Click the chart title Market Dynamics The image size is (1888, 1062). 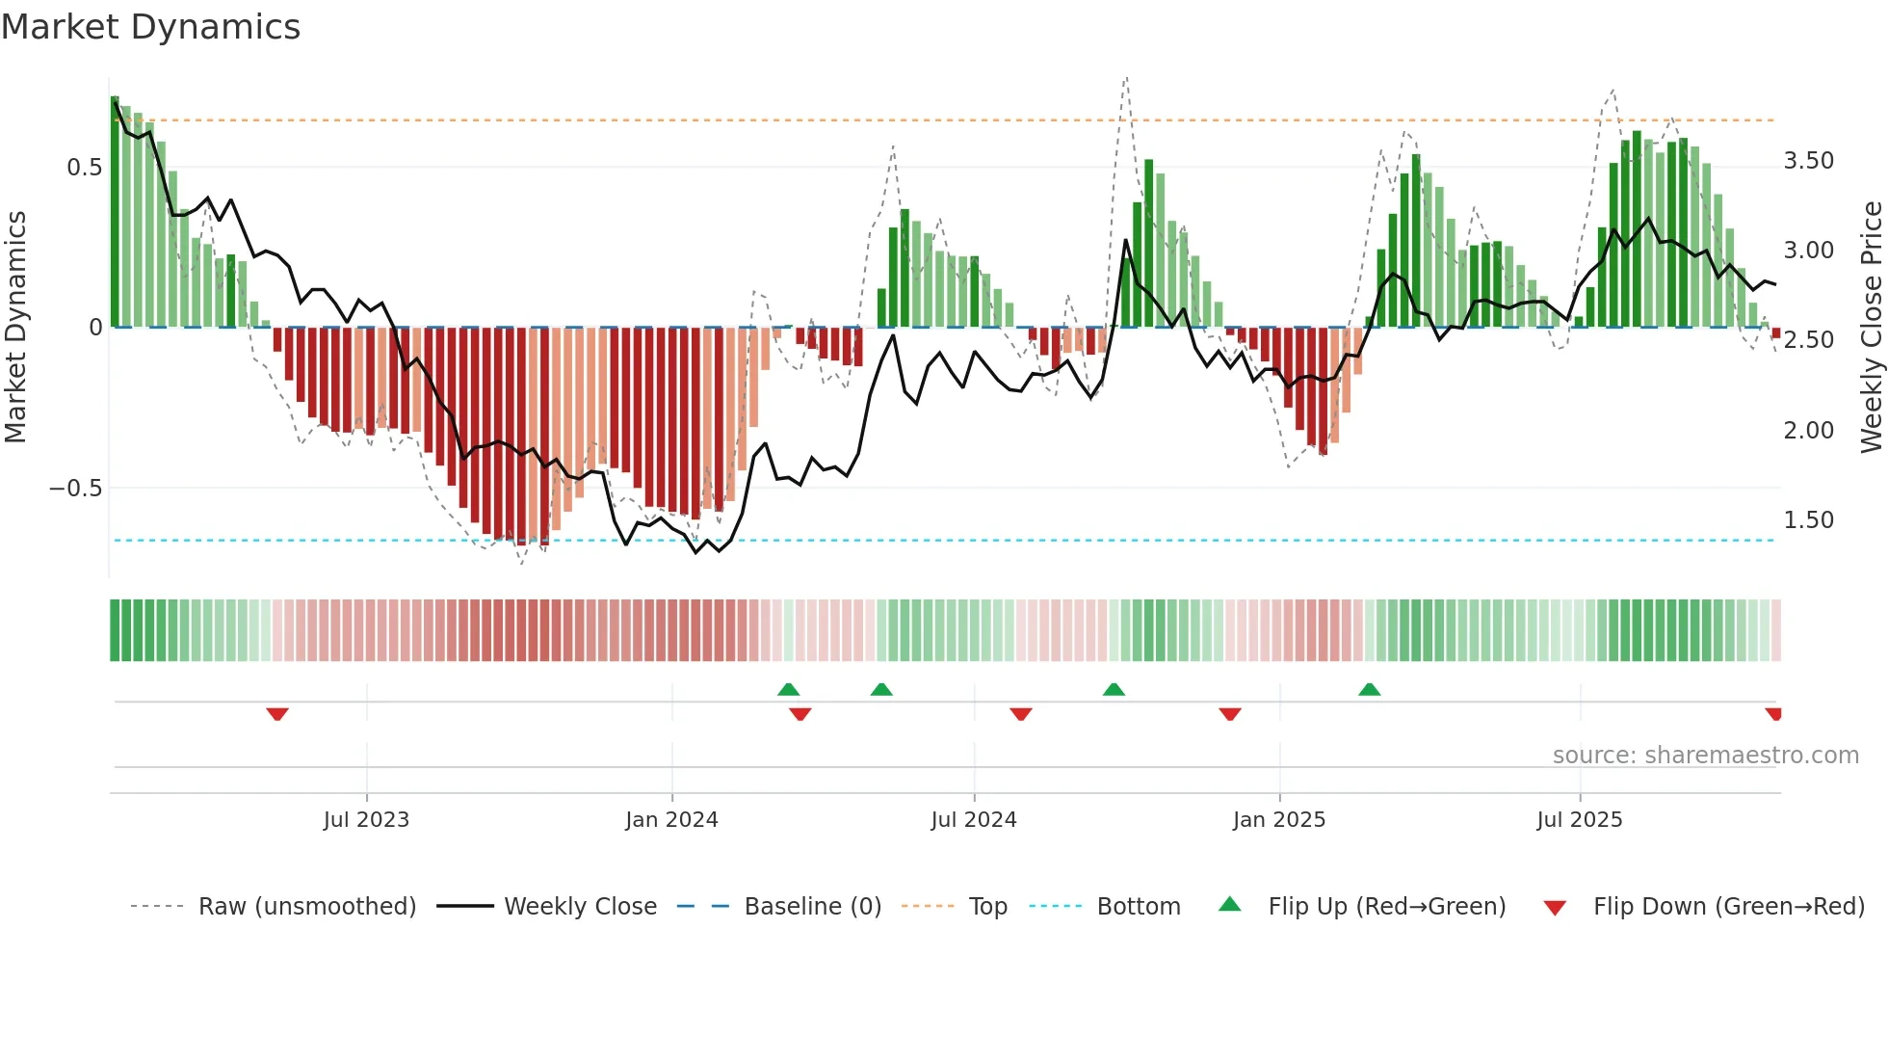(x=150, y=27)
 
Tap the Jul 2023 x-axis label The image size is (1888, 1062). (x=366, y=820)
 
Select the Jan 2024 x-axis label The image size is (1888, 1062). (x=671, y=820)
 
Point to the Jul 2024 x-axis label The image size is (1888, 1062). (x=974, y=820)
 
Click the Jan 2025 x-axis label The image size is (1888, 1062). (x=1279, y=820)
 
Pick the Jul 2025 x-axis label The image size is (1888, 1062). (x=1580, y=820)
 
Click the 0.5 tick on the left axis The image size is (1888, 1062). (x=84, y=168)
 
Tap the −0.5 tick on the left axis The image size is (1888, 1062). (x=75, y=489)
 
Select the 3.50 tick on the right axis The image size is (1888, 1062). (x=1808, y=161)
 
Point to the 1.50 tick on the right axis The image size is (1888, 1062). (x=1808, y=520)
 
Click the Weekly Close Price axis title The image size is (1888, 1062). (x=1871, y=327)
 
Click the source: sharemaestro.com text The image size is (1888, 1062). (x=1705, y=756)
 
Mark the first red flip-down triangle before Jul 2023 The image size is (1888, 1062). (x=277, y=714)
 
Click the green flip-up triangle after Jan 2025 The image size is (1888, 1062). (x=1369, y=689)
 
